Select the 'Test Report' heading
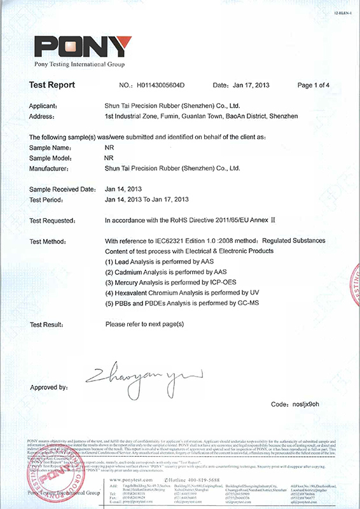coord(52,85)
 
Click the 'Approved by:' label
coord(49,387)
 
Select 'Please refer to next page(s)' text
coord(144,324)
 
